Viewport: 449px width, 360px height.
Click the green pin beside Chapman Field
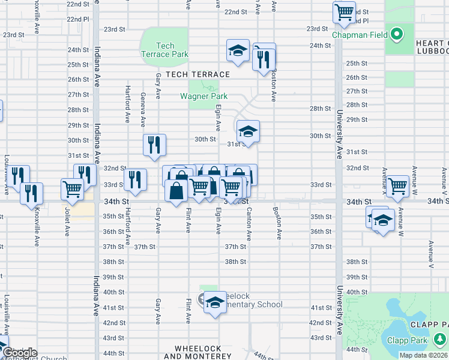click(396, 34)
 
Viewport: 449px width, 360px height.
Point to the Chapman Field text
click(360, 35)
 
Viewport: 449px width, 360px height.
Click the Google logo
click(19, 353)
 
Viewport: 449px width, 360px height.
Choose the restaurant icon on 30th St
click(154, 144)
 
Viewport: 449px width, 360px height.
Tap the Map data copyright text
click(423, 355)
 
